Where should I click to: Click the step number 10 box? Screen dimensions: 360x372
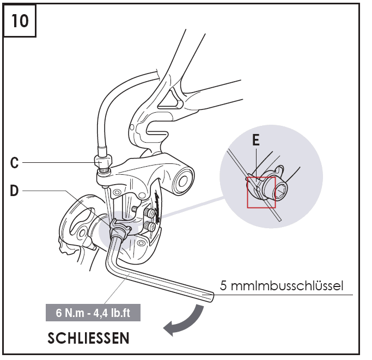(20, 20)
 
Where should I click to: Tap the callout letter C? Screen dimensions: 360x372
(15, 162)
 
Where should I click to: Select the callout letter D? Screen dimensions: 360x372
(15, 191)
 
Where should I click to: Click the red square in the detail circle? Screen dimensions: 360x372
(261, 192)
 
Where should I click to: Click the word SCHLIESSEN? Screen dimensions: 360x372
(89, 338)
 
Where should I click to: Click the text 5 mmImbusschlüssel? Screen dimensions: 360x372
(282, 285)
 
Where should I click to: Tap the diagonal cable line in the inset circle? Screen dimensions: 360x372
(240, 164)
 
